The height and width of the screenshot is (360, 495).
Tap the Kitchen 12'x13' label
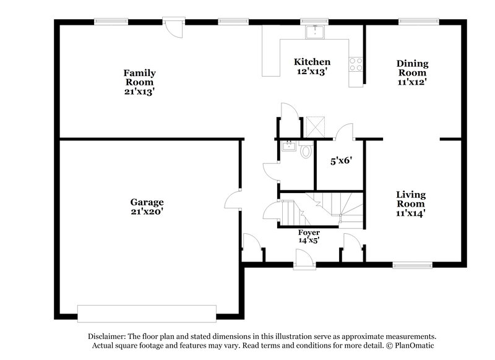(312, 66)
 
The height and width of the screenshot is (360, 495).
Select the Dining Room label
(412, 72)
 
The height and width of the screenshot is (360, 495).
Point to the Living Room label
(411, 204)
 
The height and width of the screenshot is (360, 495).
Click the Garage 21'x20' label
(147, 207)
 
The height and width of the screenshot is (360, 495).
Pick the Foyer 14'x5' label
(309, 236)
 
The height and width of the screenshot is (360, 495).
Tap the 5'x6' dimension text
(341, 161)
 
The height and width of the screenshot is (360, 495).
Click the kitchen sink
(316, 31)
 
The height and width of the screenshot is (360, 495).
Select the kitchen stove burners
(356, 62)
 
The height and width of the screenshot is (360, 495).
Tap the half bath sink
(288, 147)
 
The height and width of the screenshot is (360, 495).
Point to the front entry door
(304, 260)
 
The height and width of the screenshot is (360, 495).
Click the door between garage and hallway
(233, 199)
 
